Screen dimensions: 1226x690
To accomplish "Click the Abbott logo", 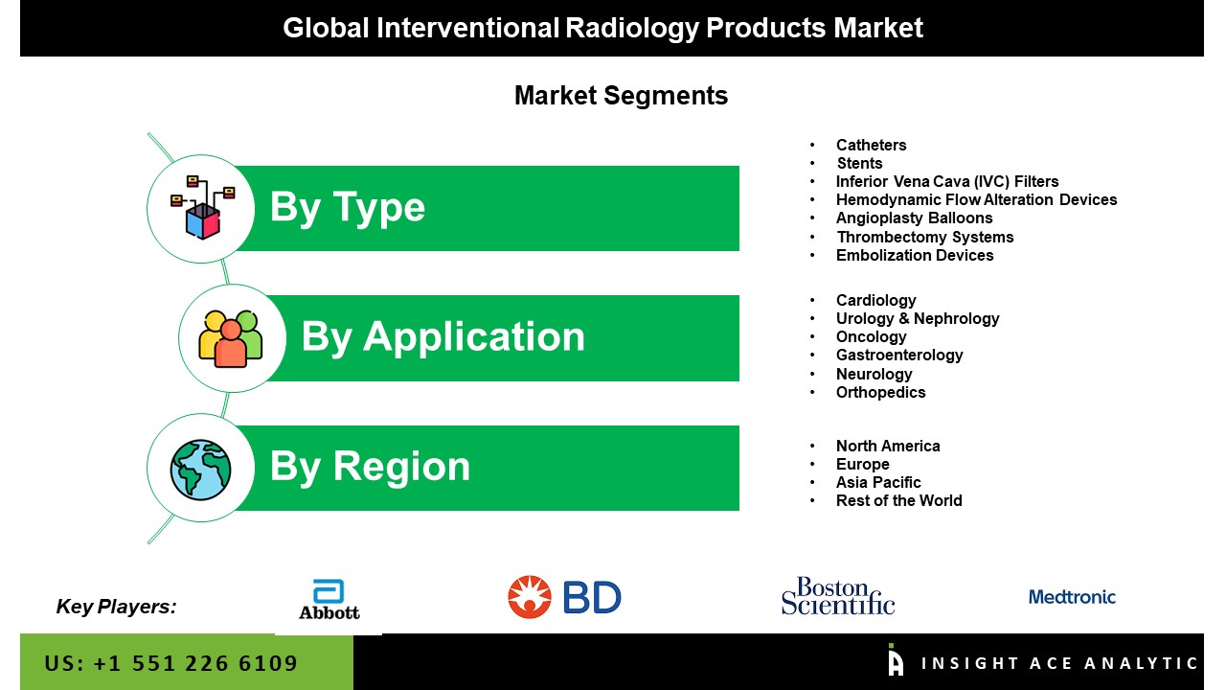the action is click(x=329, y=600).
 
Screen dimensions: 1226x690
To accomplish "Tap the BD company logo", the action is click(x=564, y=597).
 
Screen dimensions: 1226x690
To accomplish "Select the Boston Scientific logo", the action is click(x=837, y=596).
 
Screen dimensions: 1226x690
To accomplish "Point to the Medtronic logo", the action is click(x=1072, y=597).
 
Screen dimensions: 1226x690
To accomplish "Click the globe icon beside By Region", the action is click(x=200, y=470).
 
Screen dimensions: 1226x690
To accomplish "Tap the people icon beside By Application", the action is click(x=231, y=338).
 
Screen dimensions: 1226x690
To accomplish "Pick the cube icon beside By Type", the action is click(x=202, y=208).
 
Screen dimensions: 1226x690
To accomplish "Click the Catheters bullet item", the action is click(x=871, y=145).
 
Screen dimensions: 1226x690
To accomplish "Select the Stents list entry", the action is click(x=859, y=163).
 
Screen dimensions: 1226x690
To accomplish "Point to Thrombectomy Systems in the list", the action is click(x=925, y=237).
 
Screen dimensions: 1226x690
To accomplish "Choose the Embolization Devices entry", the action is click(x=915, y=255).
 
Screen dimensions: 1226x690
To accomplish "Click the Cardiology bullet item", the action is click(x=875, y=301).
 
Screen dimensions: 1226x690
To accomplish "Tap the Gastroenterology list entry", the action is click(x=899, y=355).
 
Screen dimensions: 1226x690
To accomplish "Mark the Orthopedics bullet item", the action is click(x=880, y=392).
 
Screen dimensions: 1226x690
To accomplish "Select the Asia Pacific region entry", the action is click(x=878, y=482).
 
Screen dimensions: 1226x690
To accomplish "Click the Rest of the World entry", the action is click(x=898, y=500).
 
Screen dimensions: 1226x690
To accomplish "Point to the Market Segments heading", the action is click(x=622, y=96).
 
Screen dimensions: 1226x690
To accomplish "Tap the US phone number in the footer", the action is click(x=170, y=663).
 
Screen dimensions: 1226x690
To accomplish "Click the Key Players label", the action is click(x=116, y=607).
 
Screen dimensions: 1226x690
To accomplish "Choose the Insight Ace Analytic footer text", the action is click(x=1059, y=663).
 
